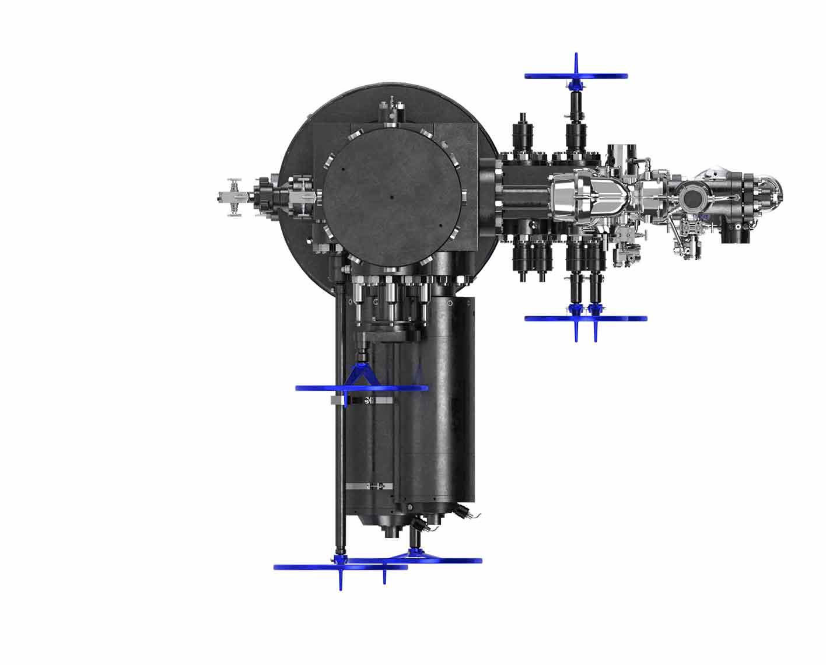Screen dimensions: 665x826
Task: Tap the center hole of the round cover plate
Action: click(x=392, y=197)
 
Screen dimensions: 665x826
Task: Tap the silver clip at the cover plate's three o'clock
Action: click(x=463, y=197)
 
